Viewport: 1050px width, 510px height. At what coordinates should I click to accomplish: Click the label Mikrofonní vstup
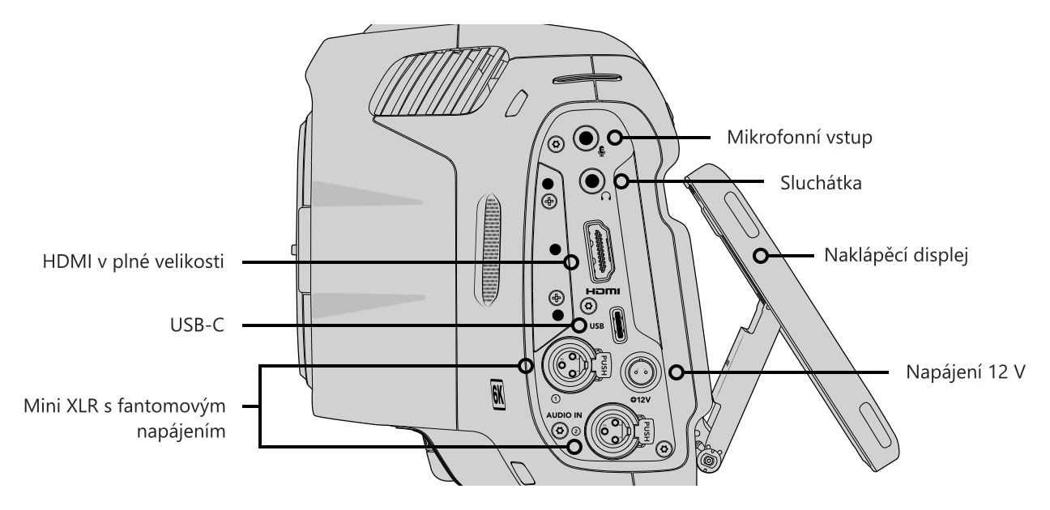point(799,138)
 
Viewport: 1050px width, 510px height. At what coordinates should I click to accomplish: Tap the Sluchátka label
point(821,183)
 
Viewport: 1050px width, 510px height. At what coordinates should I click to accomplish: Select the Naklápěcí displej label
point(896,256)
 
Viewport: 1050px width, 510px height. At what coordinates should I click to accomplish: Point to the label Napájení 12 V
point(966,372)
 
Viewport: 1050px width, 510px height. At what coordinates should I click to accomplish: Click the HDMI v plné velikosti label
point(133,261)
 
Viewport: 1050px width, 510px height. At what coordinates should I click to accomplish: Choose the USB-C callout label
point(197,325)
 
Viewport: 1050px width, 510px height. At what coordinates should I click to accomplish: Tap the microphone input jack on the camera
point(586,138)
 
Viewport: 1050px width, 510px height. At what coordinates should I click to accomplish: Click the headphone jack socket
point(592,181)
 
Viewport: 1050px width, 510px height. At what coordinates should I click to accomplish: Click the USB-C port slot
point(620,325)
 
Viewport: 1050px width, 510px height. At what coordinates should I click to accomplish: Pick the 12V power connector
point(640,372)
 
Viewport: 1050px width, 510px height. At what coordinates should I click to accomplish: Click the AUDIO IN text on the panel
point(564,415)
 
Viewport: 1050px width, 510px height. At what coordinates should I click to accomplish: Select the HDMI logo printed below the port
point(602,291)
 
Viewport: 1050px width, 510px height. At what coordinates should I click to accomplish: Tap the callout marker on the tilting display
point(761,256)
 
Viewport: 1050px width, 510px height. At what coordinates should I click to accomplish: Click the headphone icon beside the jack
point(606,196)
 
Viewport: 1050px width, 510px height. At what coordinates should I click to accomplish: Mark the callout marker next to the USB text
point(579,325)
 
